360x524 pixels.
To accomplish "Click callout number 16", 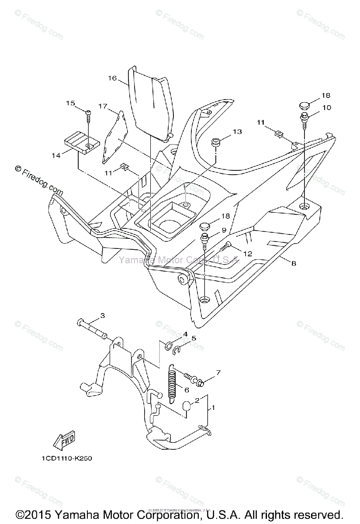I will point(112,78).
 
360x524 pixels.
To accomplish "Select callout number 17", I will point(103,106).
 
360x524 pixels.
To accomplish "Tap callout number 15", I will point(71,103).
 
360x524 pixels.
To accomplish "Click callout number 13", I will point(237,131).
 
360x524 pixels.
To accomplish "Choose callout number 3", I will point(103,315).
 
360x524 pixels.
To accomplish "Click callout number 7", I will point(218,372).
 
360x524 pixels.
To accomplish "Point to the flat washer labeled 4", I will point(168,347).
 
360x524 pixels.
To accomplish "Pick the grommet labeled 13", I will point(215,143).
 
